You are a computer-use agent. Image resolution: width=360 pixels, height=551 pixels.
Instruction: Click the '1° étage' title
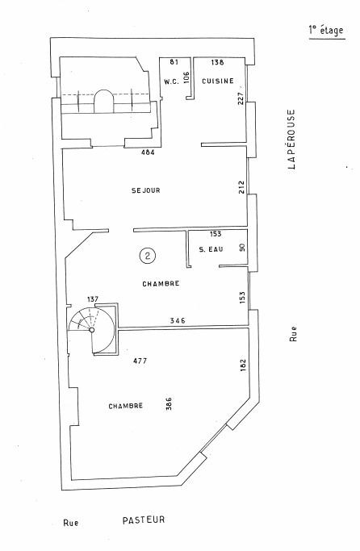click(x=326, y=31)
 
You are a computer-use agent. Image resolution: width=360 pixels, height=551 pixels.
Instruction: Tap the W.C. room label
click(x=172, y=81)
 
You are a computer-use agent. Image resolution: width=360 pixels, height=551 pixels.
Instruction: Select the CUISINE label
click(x=218, y=81)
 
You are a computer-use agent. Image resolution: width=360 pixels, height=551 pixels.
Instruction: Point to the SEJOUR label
click(x=146, y=190)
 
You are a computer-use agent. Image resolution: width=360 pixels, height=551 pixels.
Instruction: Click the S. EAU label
click(x=211, y=249)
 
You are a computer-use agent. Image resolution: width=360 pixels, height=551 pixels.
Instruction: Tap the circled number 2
click(x=148, y=256)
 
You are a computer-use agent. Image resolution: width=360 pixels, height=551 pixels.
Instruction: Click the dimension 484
click(x=148, y=152)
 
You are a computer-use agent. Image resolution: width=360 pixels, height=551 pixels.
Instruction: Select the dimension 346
click(x=178, y=320)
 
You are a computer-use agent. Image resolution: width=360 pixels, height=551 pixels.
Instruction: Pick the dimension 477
click(x=140, y=361)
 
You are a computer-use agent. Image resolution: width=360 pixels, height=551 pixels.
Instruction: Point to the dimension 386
click(x=169, y=404)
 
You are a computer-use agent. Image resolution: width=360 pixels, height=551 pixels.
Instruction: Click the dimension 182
click(x=242, y=365)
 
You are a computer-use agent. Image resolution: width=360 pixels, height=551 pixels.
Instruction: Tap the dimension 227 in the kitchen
click(x=241, y=98)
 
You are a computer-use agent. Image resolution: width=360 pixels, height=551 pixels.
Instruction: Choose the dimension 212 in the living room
click(x=241, y=188)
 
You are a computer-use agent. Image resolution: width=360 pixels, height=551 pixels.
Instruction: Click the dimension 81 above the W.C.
click(x=174, y=62)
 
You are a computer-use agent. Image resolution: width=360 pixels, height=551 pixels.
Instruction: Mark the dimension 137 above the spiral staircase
click(x=93, y=299)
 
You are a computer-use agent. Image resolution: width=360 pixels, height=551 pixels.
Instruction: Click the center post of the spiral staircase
click(x=92, y=330)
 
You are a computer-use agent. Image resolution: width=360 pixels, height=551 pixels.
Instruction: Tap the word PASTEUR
click(x=144, y=520)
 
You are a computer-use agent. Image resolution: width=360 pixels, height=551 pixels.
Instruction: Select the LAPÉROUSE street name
click(x=291, y=140)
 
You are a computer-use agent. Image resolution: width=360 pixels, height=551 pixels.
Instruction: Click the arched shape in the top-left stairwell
click(x=103, y=101)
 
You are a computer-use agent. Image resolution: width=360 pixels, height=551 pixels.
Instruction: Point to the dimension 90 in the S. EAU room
click(x=242, y=248)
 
